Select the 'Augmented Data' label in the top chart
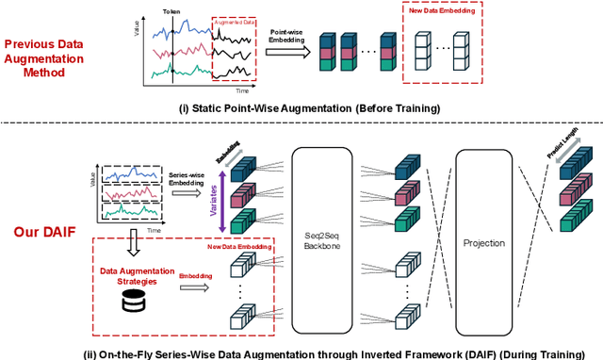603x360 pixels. (233, 19)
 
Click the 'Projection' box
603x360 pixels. (485, 242)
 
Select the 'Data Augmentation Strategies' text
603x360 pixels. (126, 275)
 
